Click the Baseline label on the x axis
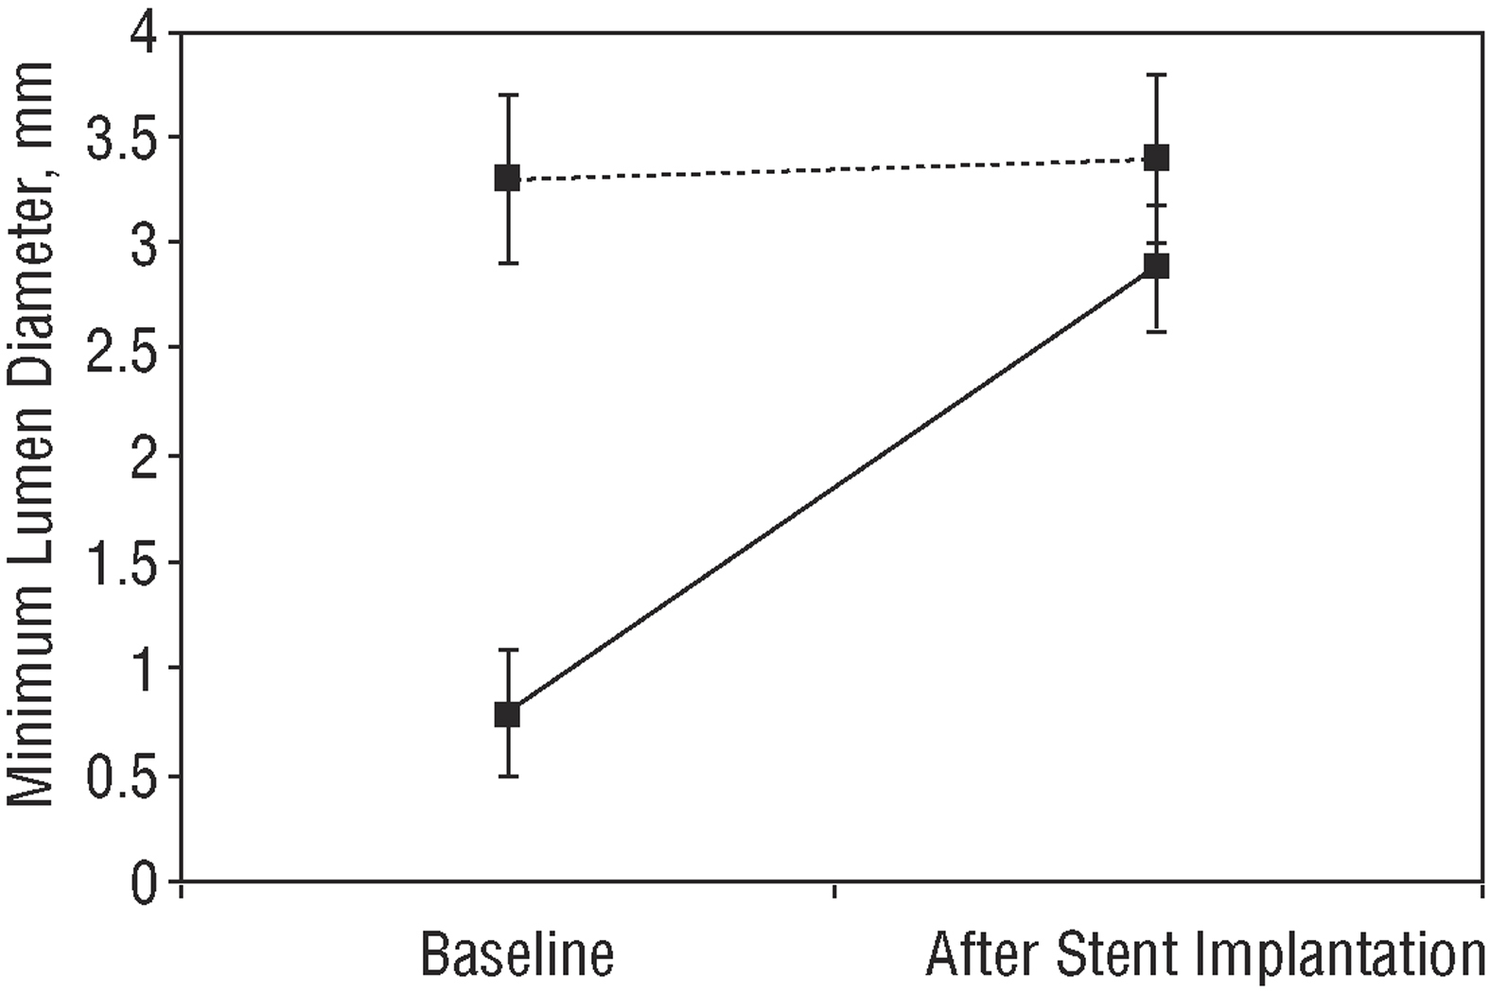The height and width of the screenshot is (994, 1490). (x=517, y=956)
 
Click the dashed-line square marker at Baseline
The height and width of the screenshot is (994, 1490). (x=507, y=178)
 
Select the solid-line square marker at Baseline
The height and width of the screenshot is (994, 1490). (x=507, y=713)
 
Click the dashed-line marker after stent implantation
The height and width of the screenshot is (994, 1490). (x=1156, y=157)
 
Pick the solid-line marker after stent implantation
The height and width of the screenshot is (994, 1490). (x=1156, y=266)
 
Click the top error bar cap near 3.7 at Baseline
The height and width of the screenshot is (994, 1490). (x=508, y=95)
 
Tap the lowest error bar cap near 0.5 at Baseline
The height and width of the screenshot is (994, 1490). (x=508, y=776)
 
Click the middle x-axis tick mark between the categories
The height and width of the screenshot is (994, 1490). (x=833, y=891)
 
